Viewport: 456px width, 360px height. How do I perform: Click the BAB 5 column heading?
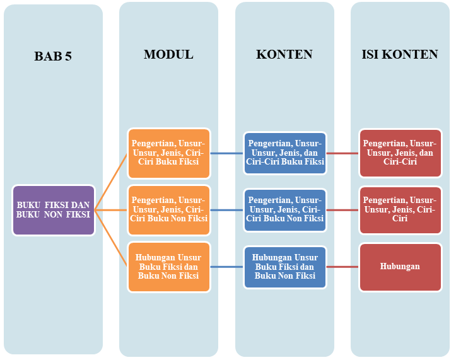(x=53, y=56)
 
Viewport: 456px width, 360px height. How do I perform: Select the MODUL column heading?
(x=168, y=54)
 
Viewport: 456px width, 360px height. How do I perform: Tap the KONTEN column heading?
(x=284, y=54)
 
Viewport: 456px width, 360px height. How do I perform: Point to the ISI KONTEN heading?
(x=400, y=54)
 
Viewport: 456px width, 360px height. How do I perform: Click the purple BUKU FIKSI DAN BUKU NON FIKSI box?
(x=54, y=210)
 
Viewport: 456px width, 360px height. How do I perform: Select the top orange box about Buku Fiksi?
(x=168, y=153)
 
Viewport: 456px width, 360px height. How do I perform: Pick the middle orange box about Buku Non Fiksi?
(x=168, y=210)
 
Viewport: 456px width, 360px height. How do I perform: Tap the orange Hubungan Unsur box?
(x=168, y=267)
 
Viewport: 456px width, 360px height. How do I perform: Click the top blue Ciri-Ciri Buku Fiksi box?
(x=286, y=153)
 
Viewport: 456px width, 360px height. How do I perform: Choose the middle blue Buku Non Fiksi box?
(x=286, y=210)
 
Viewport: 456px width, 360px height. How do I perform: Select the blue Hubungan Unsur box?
(x=286, y=267)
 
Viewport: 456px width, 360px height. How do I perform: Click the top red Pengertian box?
(x=400, y=153)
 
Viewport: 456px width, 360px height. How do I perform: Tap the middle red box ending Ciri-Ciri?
(x=400, y=210)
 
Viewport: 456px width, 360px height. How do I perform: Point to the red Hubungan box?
(x=400, y=267)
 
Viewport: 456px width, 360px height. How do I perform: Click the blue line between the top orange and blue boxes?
(x=227, y=153)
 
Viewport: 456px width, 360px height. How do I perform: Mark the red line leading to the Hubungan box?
(x=343, y=267)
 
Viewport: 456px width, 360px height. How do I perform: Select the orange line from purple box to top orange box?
(x=111, y=182)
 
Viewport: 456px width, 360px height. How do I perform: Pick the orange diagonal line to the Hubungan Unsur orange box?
(x=111, y=238)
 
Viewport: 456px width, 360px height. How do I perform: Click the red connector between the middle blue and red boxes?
(x=343, y=210)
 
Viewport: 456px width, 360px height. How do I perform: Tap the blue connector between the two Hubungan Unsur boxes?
(x=227, y=267)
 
